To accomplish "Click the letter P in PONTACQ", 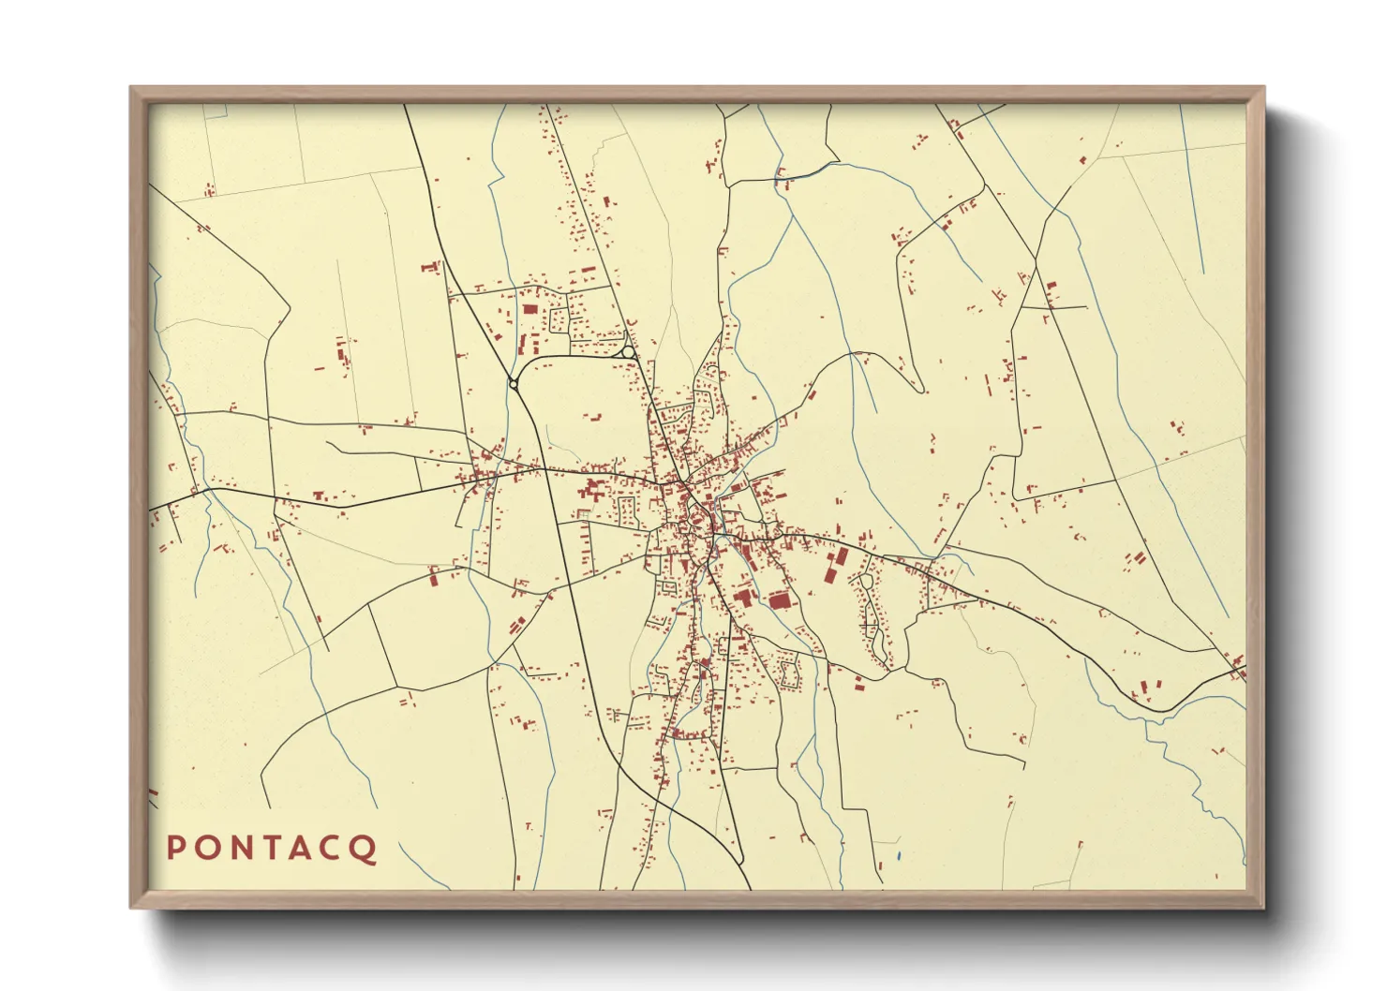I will (175, 848).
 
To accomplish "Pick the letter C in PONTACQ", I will (333, 848).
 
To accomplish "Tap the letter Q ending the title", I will (365, 849).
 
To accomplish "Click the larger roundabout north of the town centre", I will (625, 351).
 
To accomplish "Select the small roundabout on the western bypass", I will (513, 383).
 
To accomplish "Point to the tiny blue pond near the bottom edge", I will (898, 855).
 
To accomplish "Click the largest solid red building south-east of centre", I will (779, 600).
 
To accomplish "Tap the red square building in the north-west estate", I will (529, 308).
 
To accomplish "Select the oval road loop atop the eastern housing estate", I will (867, 581).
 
